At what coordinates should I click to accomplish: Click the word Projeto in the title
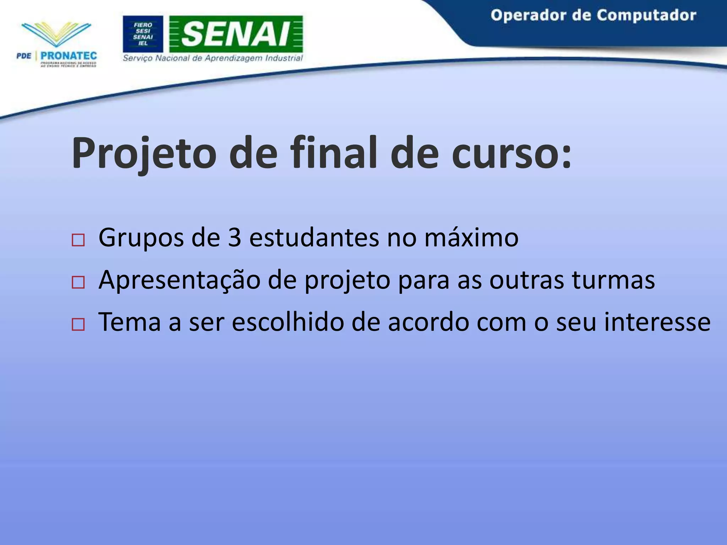143,153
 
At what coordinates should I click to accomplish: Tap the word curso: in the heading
511,153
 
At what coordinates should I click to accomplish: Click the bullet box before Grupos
78,240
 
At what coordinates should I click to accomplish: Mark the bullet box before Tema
78,325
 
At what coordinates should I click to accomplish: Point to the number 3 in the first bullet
234,237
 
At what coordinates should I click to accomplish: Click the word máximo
471,237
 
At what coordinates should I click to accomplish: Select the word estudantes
314,237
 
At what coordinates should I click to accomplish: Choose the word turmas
613,280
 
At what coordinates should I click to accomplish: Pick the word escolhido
288,322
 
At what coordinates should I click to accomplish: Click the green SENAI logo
236,34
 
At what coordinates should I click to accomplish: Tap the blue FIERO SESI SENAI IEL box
143,34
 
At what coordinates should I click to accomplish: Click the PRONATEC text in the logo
69,56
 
